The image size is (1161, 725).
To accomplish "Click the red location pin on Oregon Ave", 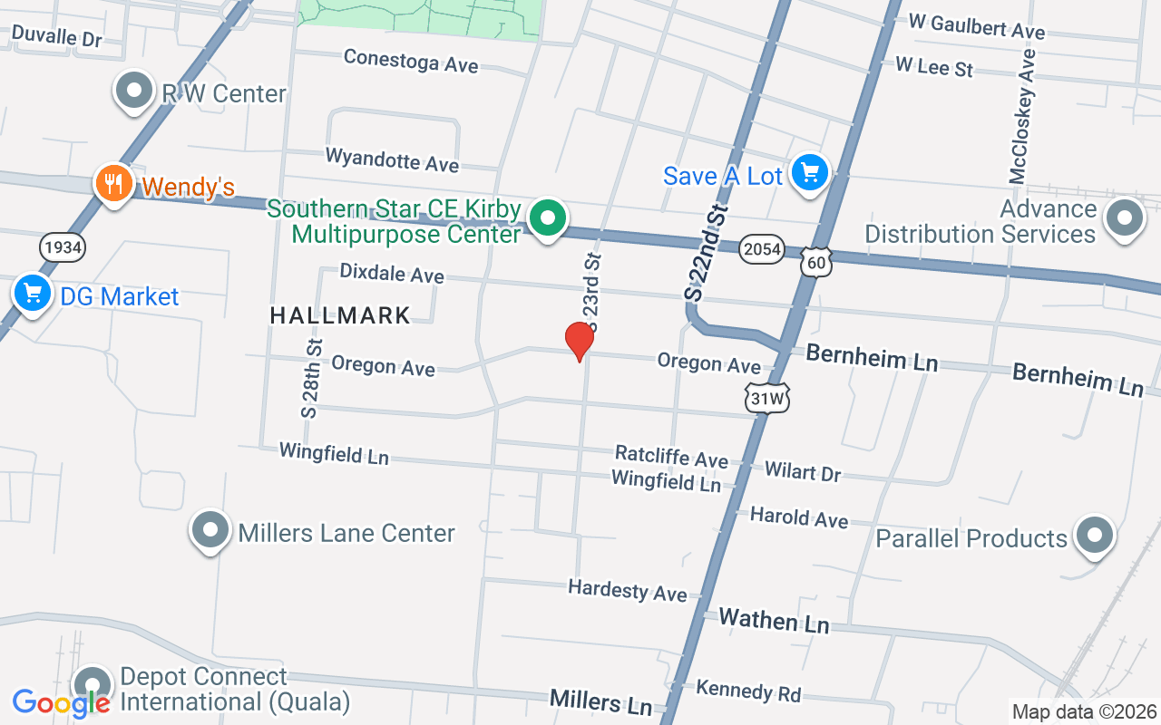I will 579,341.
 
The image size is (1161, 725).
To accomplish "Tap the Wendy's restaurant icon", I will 113,184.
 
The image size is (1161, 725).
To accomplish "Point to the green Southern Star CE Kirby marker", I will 548,218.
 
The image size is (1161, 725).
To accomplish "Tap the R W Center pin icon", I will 135,91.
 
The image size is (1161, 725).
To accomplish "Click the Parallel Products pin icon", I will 1094,535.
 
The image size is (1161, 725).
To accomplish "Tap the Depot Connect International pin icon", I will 92,685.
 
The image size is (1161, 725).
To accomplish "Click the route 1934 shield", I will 62,246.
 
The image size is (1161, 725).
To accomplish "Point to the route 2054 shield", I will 760,249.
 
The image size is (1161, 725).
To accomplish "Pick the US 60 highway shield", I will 816,262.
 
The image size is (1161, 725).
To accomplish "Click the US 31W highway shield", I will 767,398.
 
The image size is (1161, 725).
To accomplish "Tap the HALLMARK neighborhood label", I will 340,315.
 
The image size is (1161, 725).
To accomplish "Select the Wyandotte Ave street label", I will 392,159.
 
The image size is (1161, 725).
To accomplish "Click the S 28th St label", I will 312,379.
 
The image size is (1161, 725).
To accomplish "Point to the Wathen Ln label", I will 774,621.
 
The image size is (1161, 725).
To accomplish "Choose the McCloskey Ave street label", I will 1022,116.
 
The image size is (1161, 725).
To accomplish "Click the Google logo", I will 61,702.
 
